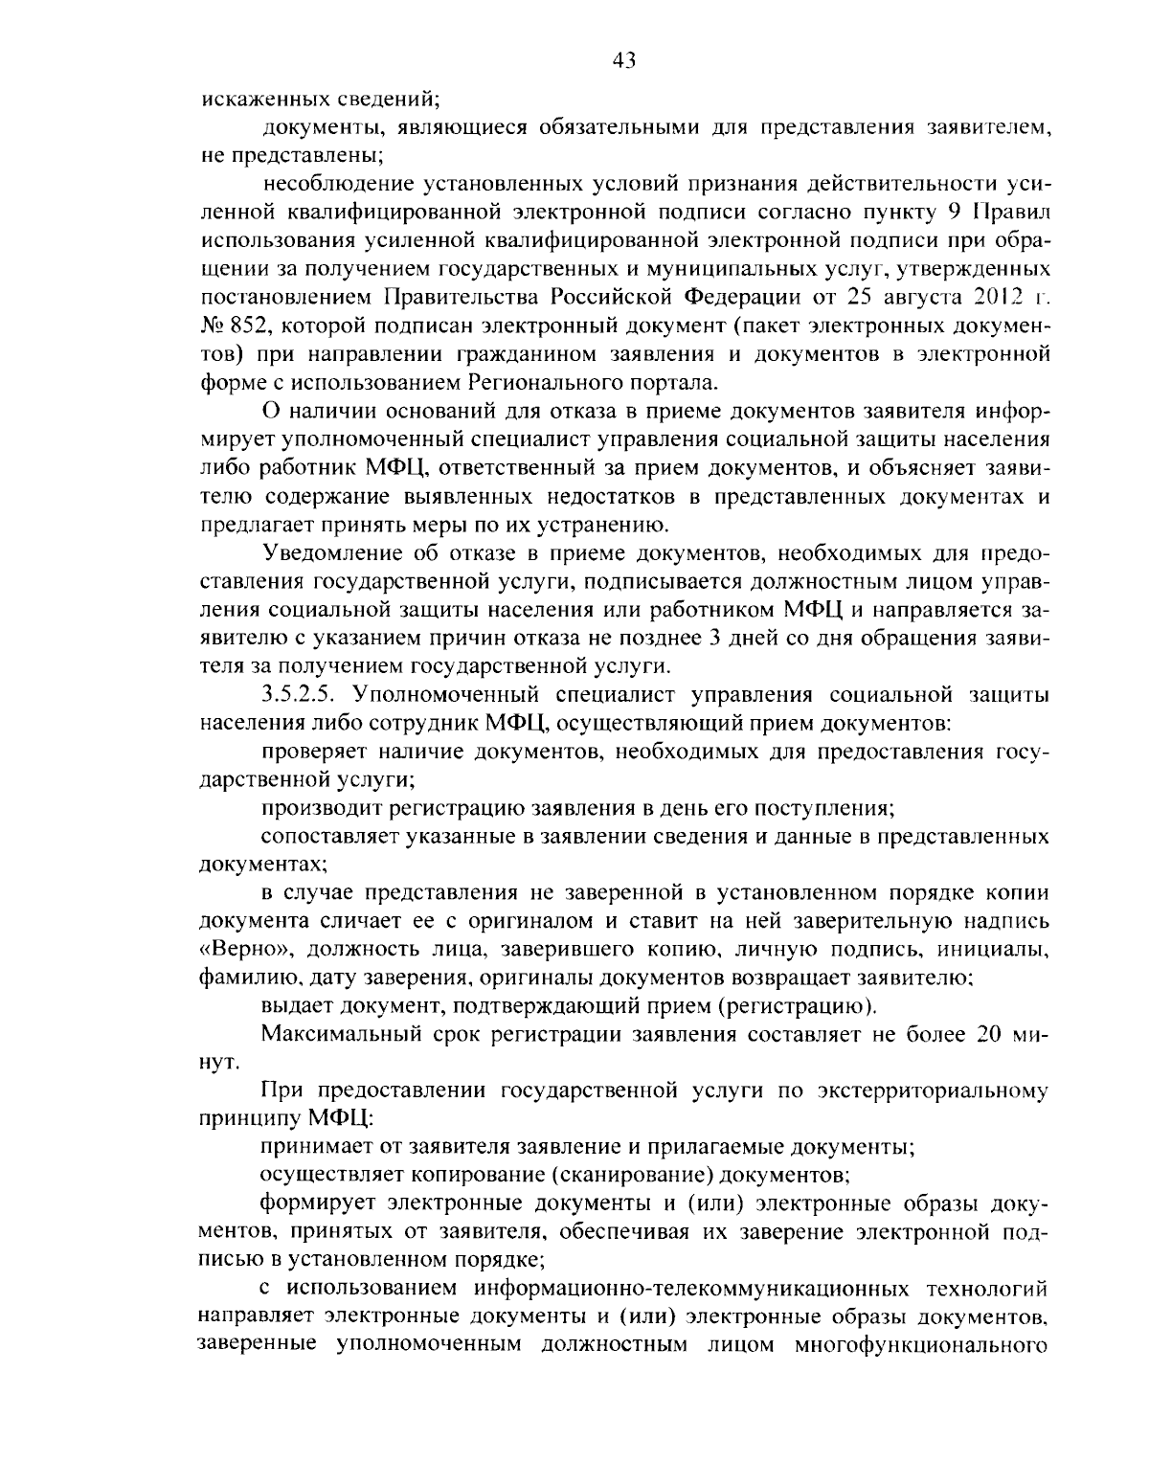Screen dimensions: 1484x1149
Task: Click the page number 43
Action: coord(623,61)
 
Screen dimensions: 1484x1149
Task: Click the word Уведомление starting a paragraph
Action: coord(328,553)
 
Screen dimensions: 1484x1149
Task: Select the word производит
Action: coord(318,807)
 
